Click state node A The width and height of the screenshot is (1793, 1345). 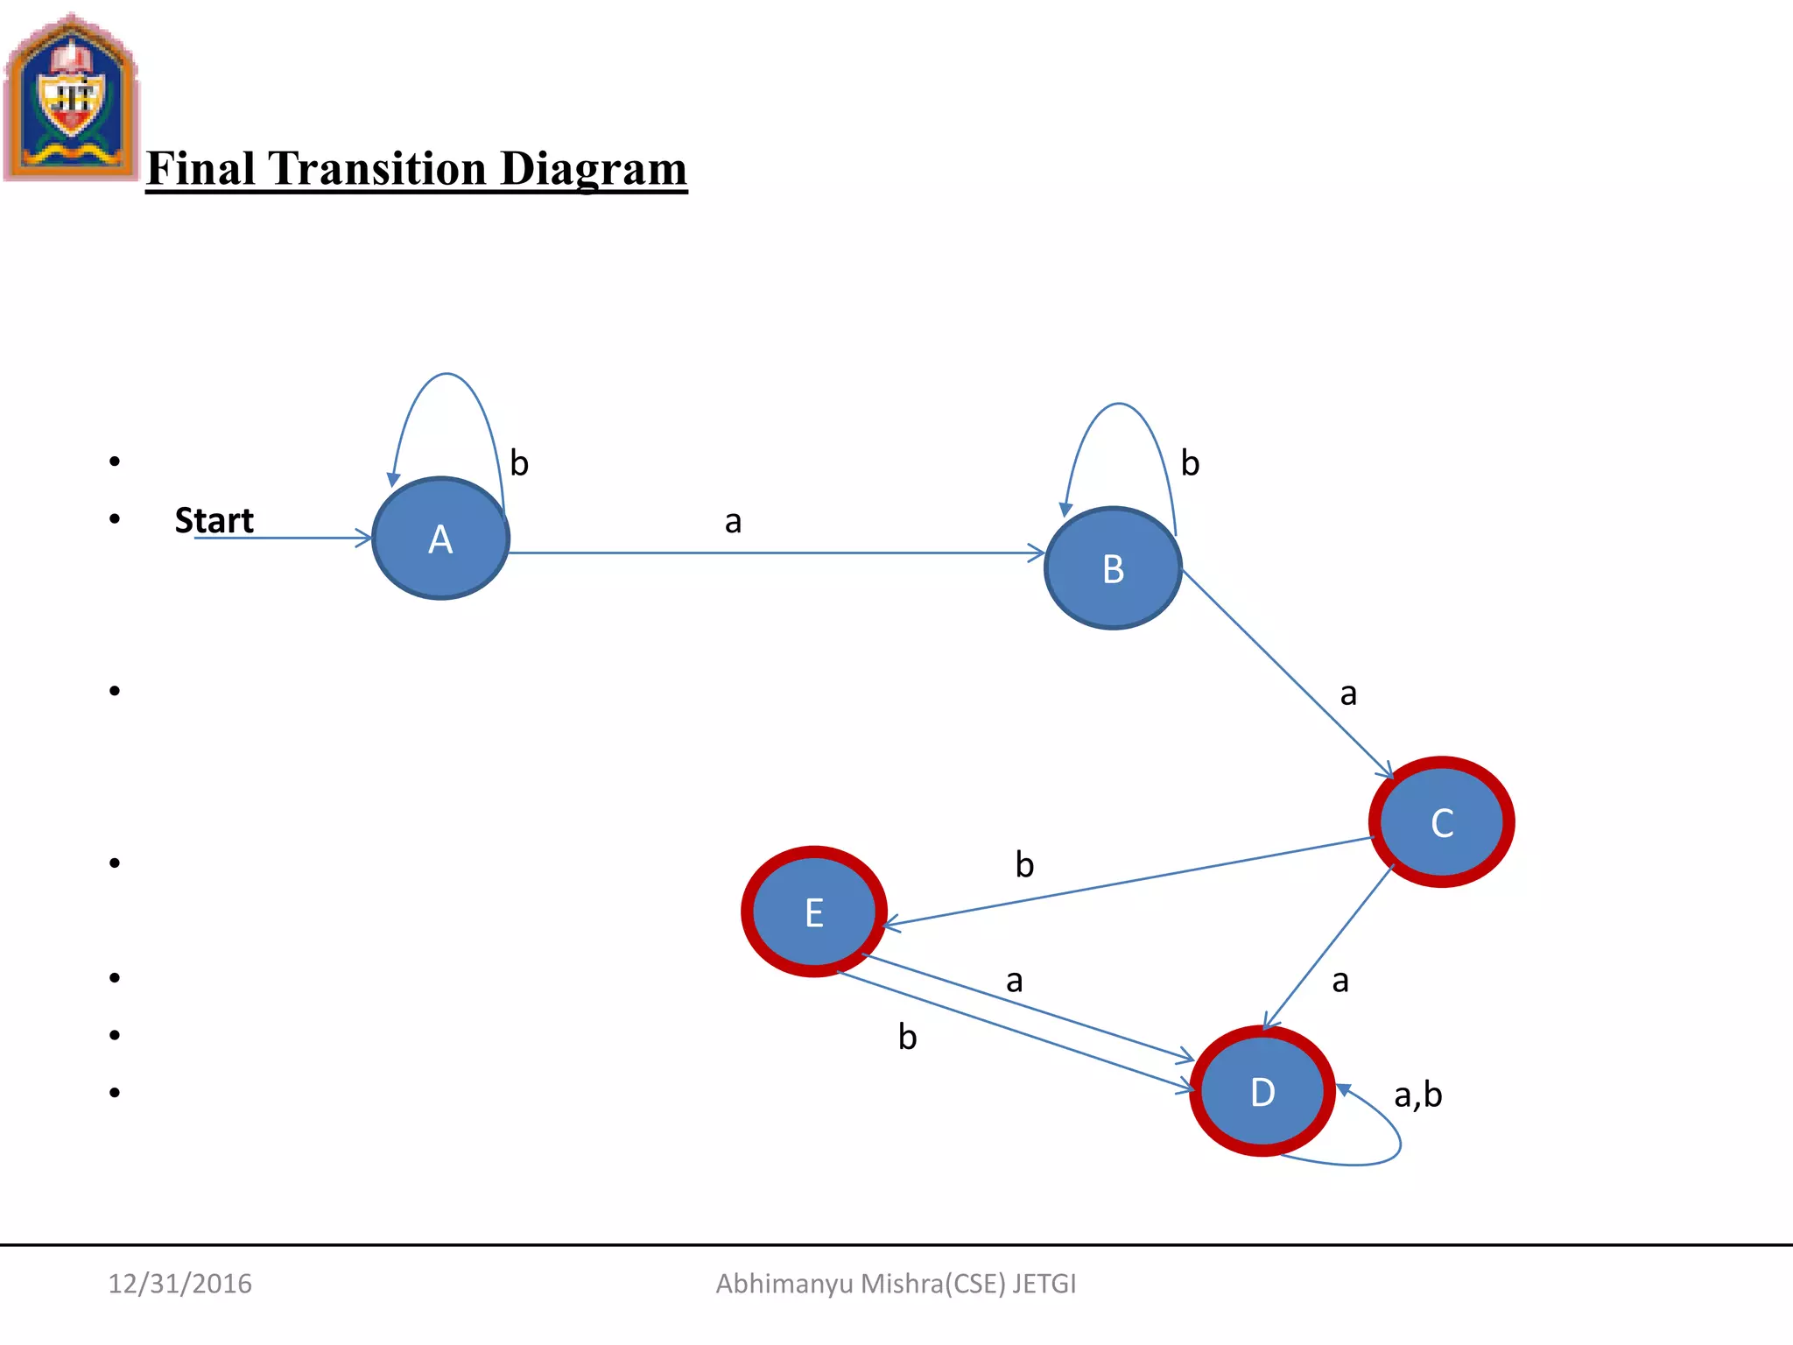[x=440, y=539]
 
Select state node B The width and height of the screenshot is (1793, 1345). [x=1113, y=568]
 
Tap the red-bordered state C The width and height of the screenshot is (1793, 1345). [x=1442, y=822]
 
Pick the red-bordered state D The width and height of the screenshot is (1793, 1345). [x=1262, y=1092]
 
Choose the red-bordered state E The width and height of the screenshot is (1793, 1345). [x=814, y=912]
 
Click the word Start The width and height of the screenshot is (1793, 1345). [x=214, y=520]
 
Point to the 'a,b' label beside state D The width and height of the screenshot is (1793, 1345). [x=1417, y=1095]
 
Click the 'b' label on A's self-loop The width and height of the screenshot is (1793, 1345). [x=519, y=463]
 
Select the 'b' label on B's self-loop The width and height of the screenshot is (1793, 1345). [x=1190, y=463]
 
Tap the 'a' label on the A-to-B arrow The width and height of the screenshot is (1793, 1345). [x=733, y=522]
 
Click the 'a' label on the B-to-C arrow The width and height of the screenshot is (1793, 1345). [x=1348, y=694]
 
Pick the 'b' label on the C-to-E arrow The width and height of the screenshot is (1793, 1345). [x=1024, y=865]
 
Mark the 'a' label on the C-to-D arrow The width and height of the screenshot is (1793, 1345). [x=1339, y=981]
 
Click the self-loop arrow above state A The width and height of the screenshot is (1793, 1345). [x=446, y=375]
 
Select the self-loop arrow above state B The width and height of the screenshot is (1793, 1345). [x=1118, y=405]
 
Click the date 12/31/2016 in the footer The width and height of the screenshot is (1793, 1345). [x=179, y=1284]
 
